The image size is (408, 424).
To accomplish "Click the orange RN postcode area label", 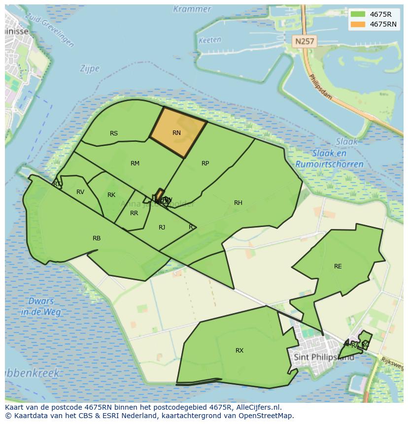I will [x=177, y=133].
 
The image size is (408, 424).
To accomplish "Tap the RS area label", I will [x=114, y=133].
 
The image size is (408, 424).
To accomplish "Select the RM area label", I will [x=135, y=163].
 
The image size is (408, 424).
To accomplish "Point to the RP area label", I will [x=205, y=163].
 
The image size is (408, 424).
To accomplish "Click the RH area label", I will [x=238, y=203].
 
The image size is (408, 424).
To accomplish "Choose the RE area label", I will [x=338, y=266].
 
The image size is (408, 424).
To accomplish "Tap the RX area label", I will [x=239, y=351].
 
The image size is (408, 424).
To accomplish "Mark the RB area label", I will [x=97, y=238].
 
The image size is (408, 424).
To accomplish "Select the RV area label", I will [x=80, y=192].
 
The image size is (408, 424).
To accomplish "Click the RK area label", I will [x=111, y=195].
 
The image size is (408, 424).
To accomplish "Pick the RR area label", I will [x=134, y=213].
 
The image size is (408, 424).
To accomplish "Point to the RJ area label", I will [x=162, y=227].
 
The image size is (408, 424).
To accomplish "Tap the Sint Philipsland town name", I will [x=323, y=357].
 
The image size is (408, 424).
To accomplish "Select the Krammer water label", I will [x=192, y=9].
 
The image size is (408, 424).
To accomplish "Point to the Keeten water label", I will [x=209, y=40].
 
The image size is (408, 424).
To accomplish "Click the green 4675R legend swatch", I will [x=357, y=14].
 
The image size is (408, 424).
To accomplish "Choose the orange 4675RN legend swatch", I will [x=357, y=24].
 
